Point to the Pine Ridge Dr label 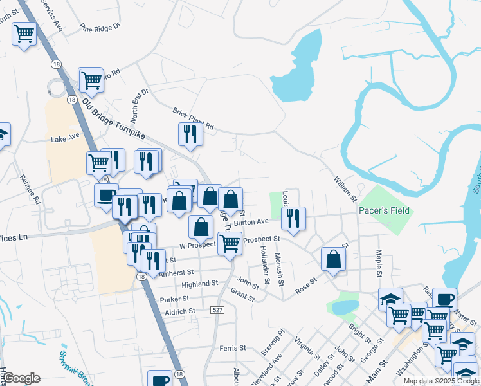(100, 27)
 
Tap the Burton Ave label (251, 222)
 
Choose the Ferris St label (232, 348)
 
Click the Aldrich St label (180, 311)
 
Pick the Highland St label (200, 284)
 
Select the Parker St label (174, 299)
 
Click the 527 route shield (219, 311)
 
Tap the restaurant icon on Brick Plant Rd (190, 133)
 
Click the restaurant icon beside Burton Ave (293, 218)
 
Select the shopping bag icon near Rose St (333, 259)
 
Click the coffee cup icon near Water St (444, 299)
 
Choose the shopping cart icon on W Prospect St (230, 243)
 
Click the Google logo (22, 378)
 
